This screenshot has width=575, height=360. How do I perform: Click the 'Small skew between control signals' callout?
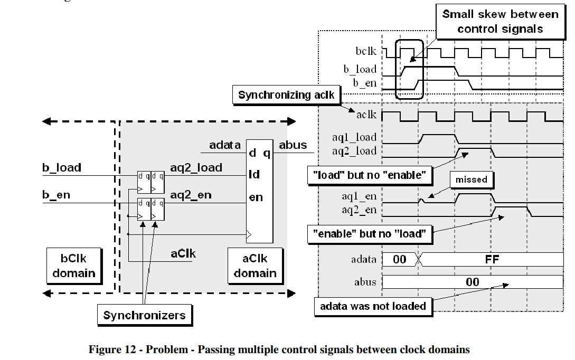click(500, 22)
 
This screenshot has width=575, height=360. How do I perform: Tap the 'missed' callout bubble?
click(471, 179)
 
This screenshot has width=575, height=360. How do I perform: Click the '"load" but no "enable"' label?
click(368, 175)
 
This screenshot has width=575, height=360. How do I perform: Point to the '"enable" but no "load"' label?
click(370, 233)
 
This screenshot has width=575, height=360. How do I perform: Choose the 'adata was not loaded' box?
click(373, 306)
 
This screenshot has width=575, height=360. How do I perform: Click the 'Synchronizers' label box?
click(144, 316)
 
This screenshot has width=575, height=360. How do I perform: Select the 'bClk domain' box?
click(73, 266)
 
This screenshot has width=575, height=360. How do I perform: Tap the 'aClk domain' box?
click(255, 266)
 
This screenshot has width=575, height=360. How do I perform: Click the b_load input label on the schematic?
click(62, 168)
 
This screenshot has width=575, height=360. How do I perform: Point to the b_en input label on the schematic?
click(56, 195)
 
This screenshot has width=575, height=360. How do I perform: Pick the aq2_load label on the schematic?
click(196, 168)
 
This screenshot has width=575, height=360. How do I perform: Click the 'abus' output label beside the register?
click(293, 145)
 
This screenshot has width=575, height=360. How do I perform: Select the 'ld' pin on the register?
click(254, 174)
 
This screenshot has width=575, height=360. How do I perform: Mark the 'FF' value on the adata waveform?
click(492, 259)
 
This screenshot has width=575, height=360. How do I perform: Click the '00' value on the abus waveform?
click(472, 282)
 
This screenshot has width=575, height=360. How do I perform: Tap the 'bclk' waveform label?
click(366, 51)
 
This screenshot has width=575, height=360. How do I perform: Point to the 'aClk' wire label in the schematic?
click(183, 253)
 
